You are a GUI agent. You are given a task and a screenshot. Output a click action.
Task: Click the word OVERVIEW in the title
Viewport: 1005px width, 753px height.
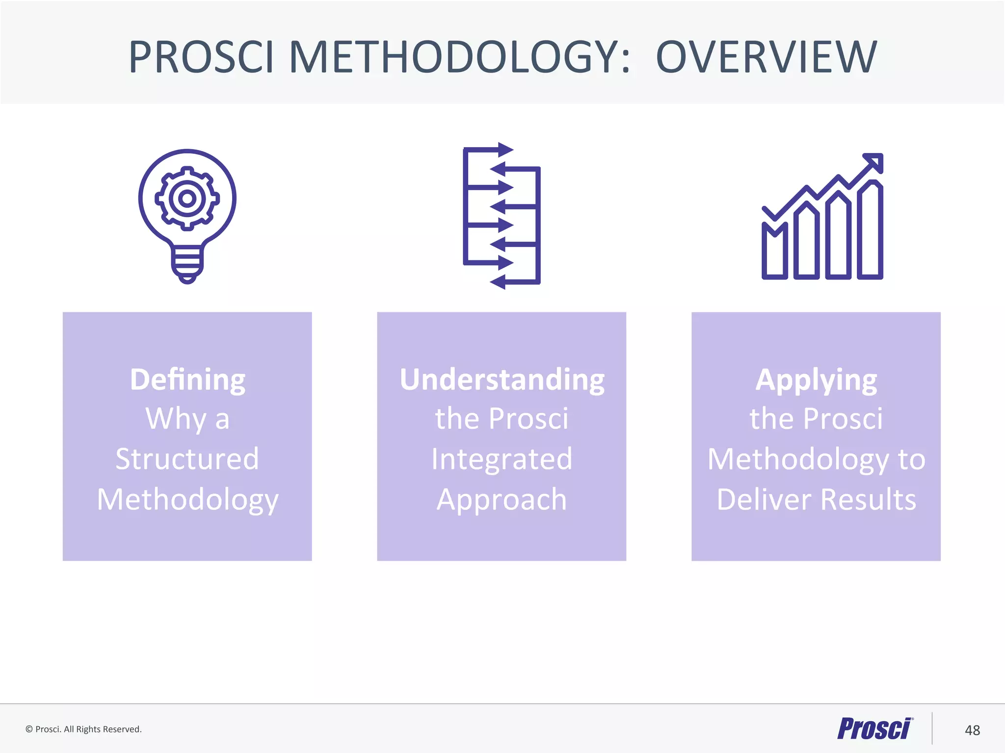pyautogui.click(x=766, y=57)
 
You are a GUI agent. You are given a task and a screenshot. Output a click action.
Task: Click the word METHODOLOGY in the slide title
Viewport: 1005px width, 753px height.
pyautogui.click(x=459, y=57)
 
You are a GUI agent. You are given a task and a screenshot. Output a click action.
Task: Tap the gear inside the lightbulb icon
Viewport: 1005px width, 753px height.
pyautogui.click(x=187, y=199)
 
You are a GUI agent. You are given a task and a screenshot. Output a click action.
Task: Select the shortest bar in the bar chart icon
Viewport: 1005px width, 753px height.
pyautogui.click(x=774, y=252)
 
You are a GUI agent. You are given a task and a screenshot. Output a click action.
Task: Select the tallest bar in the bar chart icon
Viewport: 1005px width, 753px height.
pyautogui.click(x=870, y=230)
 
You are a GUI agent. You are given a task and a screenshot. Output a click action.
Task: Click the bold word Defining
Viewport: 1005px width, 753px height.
pyautogui.click(x=187, y=380)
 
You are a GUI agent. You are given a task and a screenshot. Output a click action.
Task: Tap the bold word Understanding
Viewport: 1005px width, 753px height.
pyautogui.click(x=502, y=380)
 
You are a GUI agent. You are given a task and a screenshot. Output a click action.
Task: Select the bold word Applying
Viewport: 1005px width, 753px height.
pyautogui.click(x=816, y=380)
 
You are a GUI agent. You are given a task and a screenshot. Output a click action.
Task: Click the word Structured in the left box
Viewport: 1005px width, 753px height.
pyautogui.click(x=187, y=459)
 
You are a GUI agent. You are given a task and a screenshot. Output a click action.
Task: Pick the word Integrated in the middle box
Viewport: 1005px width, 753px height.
pyautogui.click(x=502, y=459)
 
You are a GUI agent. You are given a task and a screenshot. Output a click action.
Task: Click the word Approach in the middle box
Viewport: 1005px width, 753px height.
pyautogui.click(x=502, y=500)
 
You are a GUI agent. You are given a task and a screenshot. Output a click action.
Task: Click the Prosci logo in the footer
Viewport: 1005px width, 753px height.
pyautogui.click(x=875, y=728)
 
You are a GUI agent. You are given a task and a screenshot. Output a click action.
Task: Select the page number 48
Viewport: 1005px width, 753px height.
pyautogui.click(x=972, y=730)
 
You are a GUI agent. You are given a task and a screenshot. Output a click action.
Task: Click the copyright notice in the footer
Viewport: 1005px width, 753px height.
pyautogui.click(x=83, y=729)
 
